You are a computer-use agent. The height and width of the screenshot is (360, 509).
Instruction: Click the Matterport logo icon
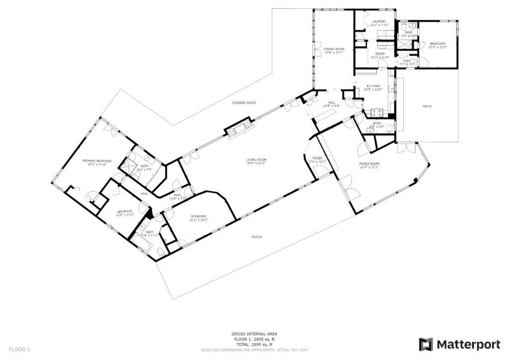(x=426, y=345)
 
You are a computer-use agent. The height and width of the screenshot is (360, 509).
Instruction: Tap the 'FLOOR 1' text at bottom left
(x=20, y=349)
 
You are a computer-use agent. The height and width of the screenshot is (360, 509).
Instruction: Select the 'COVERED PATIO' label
(x=244, y=102)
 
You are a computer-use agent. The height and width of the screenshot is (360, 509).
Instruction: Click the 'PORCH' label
(x=256, y=237)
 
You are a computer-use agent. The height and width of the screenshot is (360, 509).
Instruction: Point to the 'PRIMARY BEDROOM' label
(x=97, y=161)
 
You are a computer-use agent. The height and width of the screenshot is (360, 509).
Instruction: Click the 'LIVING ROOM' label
(x=256, y=160)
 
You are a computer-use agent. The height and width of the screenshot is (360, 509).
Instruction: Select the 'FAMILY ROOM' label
(x=369, y=164)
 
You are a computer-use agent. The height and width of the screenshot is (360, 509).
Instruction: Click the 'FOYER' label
(x=317, y=159)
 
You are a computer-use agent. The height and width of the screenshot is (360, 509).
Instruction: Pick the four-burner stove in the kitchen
(x=377, y=112)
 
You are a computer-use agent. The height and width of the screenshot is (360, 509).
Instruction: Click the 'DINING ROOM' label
(x=334, y=49)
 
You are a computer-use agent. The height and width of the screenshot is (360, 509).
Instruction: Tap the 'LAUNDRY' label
(x=379, y=21)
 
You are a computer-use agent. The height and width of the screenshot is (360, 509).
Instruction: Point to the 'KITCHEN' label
(x=373, y=86)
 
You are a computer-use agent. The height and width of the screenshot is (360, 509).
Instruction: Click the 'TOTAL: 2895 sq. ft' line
(x=254, y=345)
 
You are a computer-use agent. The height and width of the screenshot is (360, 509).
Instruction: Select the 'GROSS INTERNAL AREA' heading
(x=254, y=334)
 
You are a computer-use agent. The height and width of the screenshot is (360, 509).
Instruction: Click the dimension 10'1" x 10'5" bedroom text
(x=199, y=220)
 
